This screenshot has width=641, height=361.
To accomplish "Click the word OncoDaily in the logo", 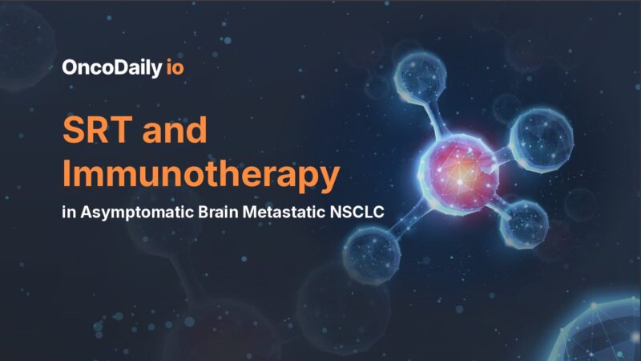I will point(111,68).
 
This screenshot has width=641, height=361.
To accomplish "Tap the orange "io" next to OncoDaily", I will point(175,68).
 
